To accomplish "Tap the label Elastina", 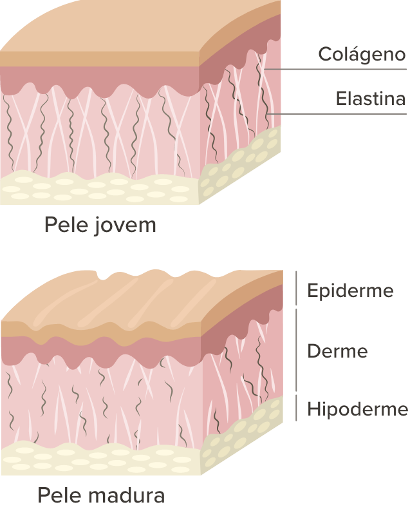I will pyautogui.click(x=370, y=99).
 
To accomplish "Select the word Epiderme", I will pyautogui.click(x=350, y=291).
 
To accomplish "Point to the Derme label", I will pyautogui.click(x=337, y=352).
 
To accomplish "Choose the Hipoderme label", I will pyautogui.click(x=357, y=409).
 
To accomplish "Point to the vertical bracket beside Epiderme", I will pyautogui.click(x=296, y=287).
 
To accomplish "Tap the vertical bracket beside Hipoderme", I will pyautogui.click(x=296, y=408).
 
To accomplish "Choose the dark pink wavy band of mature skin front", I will pyautogui.click(x=97, y=351).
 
